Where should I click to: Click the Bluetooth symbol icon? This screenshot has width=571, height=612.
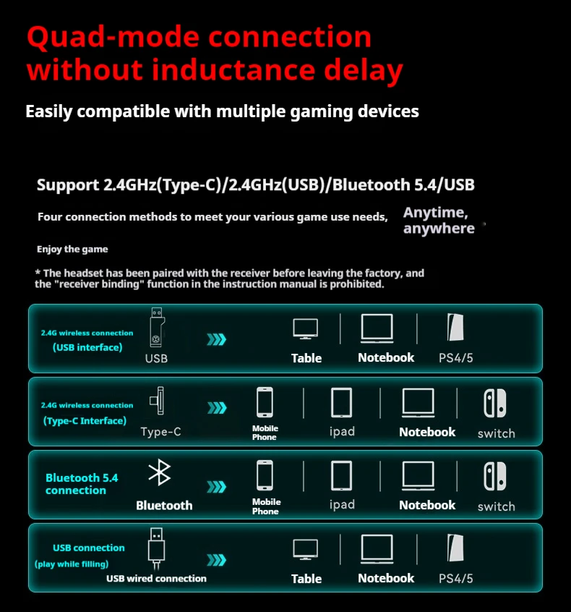(x=159, y=473)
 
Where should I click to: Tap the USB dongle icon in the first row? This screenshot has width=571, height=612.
(x=156, y=328)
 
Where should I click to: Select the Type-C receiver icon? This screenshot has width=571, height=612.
(x=156, y=402)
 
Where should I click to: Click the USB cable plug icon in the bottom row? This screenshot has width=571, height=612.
(x=154, y=547)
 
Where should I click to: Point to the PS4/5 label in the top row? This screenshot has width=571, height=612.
(x=456, y=357)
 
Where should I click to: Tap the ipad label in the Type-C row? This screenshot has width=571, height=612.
(x=342, y=431)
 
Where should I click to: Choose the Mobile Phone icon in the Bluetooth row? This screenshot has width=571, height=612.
(x=265, y=476)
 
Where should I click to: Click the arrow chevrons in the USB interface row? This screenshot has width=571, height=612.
(x=216, y=339)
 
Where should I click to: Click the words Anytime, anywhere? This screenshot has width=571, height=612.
(x=439, y=221)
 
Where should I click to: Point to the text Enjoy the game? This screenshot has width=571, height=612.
(x=72, y=249)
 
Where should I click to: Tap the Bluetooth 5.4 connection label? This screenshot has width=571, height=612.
(x=81, y=484)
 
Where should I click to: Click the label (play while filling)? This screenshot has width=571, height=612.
(x=72, y=564)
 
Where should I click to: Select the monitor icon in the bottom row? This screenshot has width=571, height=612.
(x=306, y=550)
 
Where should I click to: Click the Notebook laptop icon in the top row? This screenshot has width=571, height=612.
(x=377, y=329)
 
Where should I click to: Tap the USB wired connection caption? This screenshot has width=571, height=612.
(x=156, y=578)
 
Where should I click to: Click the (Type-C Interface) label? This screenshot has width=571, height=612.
(x=85, y=420)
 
